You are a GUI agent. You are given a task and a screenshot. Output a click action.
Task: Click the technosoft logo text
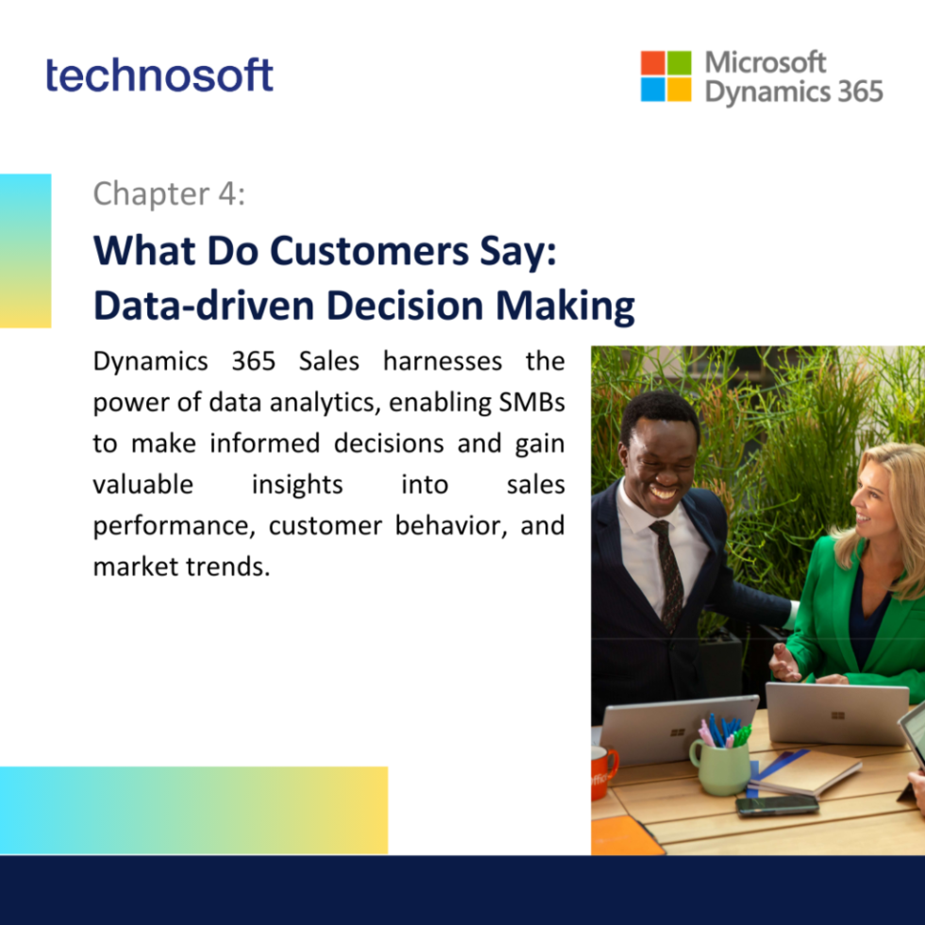coord(160,75)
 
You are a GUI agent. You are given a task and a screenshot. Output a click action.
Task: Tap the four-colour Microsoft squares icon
coord(665,76)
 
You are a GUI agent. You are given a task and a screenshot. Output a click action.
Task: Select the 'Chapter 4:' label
coord(169,194)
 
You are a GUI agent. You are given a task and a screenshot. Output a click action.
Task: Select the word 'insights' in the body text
coord(297,484)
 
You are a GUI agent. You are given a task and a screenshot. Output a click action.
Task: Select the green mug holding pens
coord(719,764)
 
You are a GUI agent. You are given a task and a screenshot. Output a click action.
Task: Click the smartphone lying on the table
coord(777,804)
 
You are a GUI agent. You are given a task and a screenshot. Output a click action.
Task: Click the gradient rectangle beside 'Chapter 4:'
coord(25,250)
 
